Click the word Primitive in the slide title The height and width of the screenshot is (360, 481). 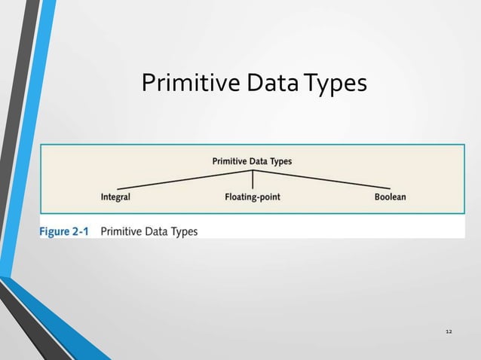click(188, 84)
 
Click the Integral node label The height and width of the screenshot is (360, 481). click(115, 197)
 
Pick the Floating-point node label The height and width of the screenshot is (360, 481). click(253, 197)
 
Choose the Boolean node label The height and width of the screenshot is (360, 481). click(390, 197)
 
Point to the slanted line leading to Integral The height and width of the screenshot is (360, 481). click(185, 179)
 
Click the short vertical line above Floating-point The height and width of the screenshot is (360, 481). click(253, 180)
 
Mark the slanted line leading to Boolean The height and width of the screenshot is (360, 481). click(321, 179)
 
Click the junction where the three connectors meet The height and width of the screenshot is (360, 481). click(253, 171)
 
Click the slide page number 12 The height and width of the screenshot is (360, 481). click(449, 332)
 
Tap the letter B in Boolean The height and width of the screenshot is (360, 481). click(377, 197)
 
